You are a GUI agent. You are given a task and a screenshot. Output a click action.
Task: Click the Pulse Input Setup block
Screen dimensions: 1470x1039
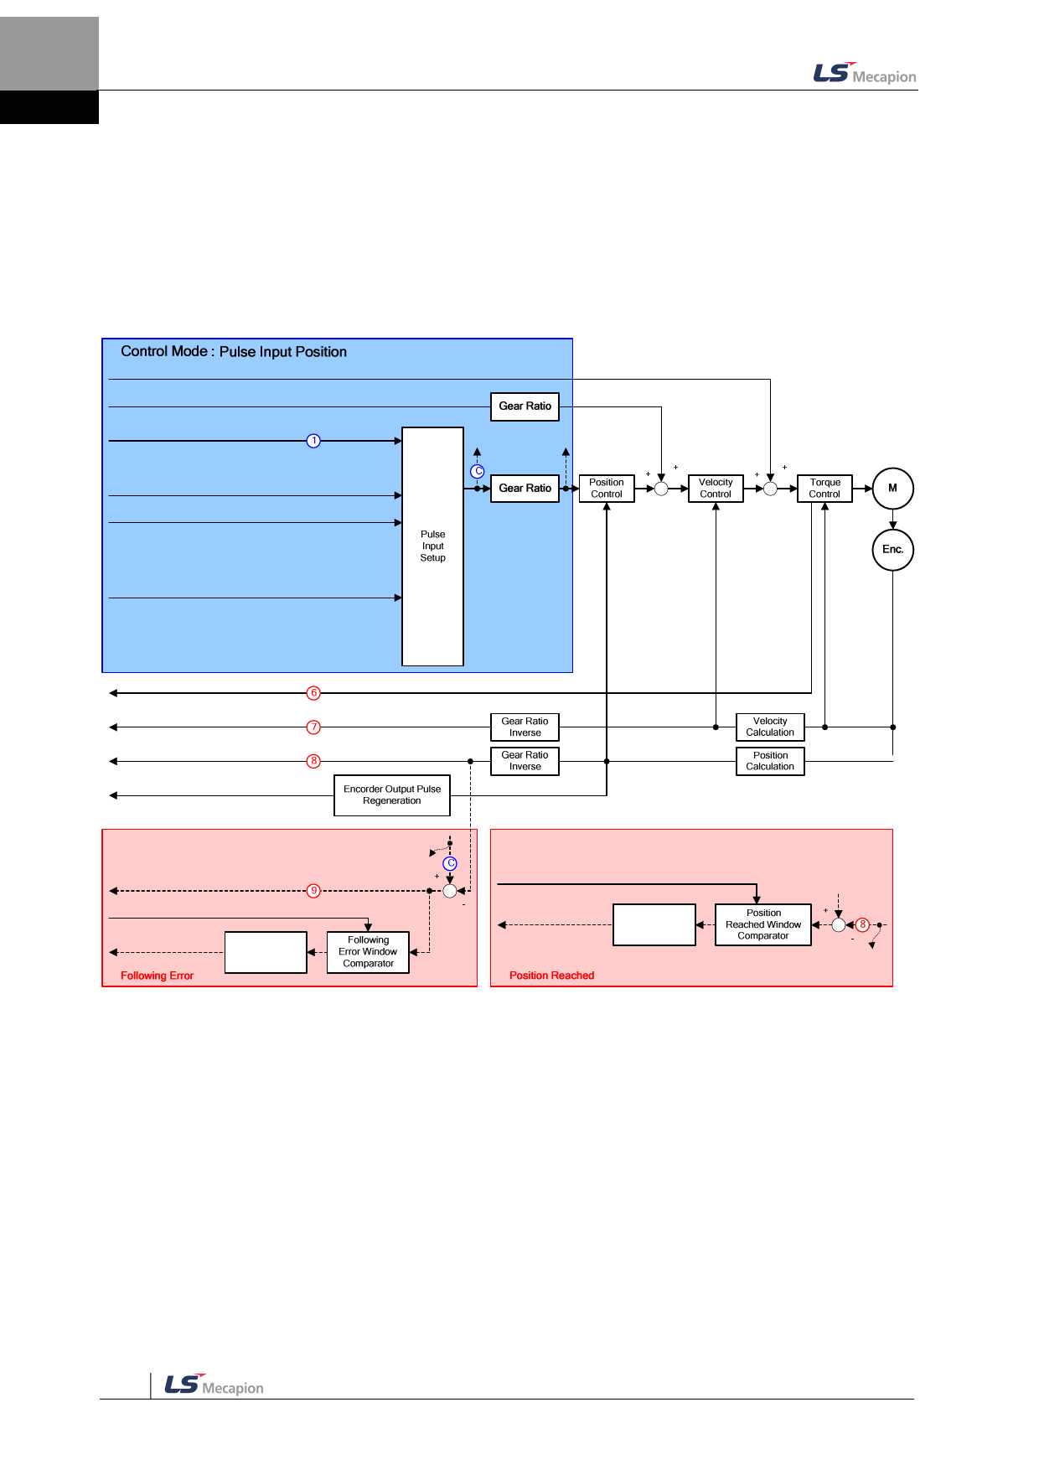point(432,546)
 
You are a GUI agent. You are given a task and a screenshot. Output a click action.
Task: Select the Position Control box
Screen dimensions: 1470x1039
point(607,488)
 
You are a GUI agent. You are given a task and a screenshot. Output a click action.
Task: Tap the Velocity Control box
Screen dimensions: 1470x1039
point(716,488)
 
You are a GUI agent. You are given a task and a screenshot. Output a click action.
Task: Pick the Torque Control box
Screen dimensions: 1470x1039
point(824,488)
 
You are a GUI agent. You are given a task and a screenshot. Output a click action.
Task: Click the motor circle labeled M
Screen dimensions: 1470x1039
point(892,488)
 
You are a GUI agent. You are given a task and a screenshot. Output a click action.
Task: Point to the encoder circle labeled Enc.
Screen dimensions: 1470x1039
point(892,550)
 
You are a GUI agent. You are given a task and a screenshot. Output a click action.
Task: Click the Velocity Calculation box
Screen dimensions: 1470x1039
point(770,727)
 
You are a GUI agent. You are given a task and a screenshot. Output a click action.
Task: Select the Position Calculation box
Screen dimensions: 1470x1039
point(770,761)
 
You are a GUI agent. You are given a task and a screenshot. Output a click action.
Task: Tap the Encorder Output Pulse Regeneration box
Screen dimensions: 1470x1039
point(392,795)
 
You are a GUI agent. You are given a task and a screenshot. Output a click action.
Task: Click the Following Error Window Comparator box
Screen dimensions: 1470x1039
point(368,952)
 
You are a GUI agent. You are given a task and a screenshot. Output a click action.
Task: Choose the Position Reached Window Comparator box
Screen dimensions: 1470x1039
point(763,924)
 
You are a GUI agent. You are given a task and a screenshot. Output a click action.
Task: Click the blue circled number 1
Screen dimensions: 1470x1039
point(313,441)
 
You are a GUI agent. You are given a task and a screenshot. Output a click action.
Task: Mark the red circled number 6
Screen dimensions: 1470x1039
point(313,693)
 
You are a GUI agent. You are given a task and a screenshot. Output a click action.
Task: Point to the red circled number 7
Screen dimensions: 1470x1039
point(313,727)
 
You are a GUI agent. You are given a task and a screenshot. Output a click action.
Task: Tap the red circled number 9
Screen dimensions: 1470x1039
point(313,891)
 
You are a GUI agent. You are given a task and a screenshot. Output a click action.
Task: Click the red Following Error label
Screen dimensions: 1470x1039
point(157,976)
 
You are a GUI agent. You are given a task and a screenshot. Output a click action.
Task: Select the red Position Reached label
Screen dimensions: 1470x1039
point(551,976)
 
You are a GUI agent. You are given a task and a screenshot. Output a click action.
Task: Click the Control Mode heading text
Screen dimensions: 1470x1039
point(234,352)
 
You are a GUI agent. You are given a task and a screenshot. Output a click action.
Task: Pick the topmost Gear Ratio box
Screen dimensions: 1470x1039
point(525,406)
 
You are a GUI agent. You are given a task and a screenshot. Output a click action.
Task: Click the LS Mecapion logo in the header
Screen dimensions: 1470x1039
point(864,75)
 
